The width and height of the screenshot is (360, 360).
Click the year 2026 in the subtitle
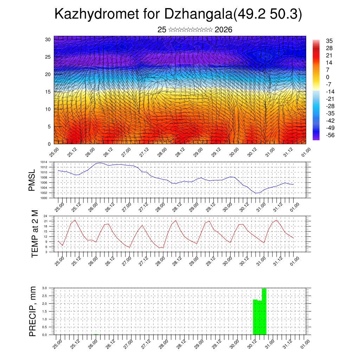click(x=223, y=30)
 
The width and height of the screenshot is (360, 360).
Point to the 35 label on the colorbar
click(x=329, y=41)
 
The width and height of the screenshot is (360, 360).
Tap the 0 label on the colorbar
click(x=328, y=77)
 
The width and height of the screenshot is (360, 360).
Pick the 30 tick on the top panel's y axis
click(x=47, y=39)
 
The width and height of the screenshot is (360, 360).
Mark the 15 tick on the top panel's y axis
click(x=47, y=92)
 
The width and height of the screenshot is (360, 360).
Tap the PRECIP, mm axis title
click(x=33, y=311)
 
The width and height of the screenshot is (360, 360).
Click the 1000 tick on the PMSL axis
click(x=44, y=198)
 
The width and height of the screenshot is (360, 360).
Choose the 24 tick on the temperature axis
click(x=45, y=216)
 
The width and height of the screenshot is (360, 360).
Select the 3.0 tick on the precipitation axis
click(x=45, y=288)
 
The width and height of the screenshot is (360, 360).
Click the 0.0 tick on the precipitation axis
click(x=45, y=335)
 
